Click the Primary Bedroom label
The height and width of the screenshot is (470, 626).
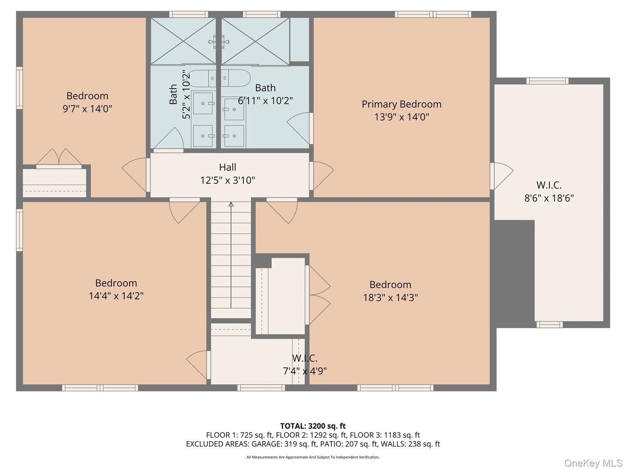(x=401, y=104)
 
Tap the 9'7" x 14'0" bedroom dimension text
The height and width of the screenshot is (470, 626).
(x=87, y=108)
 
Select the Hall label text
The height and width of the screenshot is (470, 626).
(x=227, y=167)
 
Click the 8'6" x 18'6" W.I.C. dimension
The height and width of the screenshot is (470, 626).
(x=549, y=198)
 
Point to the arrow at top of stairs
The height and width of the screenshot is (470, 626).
(x=231, y=204)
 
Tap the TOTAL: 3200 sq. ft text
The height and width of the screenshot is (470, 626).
(x=313, y=426)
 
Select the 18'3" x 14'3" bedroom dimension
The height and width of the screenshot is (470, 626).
(x=390, y=298)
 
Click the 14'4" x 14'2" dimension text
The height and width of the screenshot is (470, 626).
(x=116, y=296)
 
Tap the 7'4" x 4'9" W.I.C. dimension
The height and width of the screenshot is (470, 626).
(x=304, y=371)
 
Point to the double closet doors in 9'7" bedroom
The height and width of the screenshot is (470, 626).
(x=59, y=157)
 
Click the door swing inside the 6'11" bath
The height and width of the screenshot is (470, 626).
(x=300, y=128)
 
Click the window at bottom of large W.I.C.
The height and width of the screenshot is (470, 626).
(x=549, y=324)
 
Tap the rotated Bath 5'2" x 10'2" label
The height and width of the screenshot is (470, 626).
(x=180, y=94)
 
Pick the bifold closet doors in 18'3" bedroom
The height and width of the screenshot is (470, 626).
(x=319, y=295)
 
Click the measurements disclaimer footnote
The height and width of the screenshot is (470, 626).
(x=313, y=457)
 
